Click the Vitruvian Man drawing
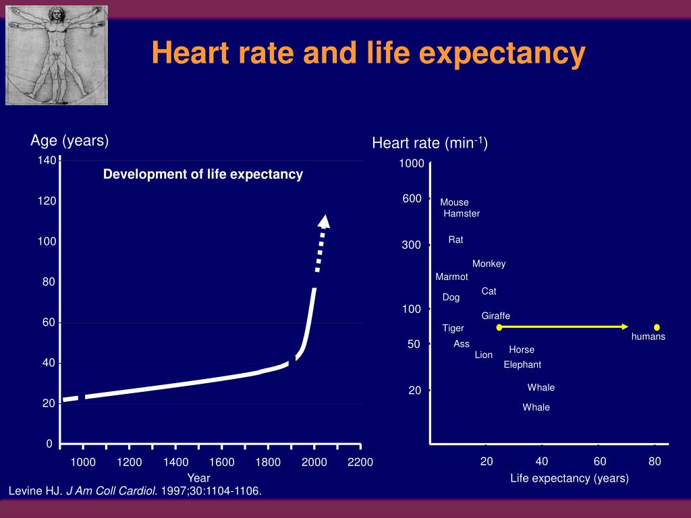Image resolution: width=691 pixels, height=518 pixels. click(x=57, y=54)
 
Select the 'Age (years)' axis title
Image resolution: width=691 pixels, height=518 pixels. click(x=70, y=140)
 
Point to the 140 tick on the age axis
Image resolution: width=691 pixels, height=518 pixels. click(x=47, y=161)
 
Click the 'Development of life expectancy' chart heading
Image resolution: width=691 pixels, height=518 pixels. click(x=202, y=174)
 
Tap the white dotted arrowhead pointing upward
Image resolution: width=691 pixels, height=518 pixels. click(x=325, y=221)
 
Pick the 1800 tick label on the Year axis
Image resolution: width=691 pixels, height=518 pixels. click(x=268, y=462)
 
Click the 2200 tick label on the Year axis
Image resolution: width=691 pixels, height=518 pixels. click(x=360, y=462)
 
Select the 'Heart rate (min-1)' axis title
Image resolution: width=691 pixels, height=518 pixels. click(x=430, y=143)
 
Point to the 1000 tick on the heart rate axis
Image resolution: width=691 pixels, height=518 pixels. click(x=411, y=164)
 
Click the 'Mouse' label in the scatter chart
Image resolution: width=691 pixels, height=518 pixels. click(x=454, y=202)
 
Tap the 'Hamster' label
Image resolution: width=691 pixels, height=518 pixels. click(x=462, y=214)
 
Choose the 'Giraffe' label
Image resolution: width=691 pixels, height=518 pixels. click(x=495, y=316)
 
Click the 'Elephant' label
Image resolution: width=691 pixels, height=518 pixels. click(x=522, y=365)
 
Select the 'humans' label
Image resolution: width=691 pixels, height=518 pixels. click(x=648, y=337)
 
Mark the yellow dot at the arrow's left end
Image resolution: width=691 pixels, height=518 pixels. click(x=499, y=327)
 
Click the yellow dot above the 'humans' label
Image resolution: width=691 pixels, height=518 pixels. click(x=657, y=327)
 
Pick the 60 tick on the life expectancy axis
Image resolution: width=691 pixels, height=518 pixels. click(x=600, y=461)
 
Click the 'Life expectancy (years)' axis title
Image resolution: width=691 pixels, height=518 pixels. click(x=570, y=478)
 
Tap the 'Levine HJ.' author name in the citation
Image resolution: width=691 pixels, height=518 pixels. click(x=34, y=490)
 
